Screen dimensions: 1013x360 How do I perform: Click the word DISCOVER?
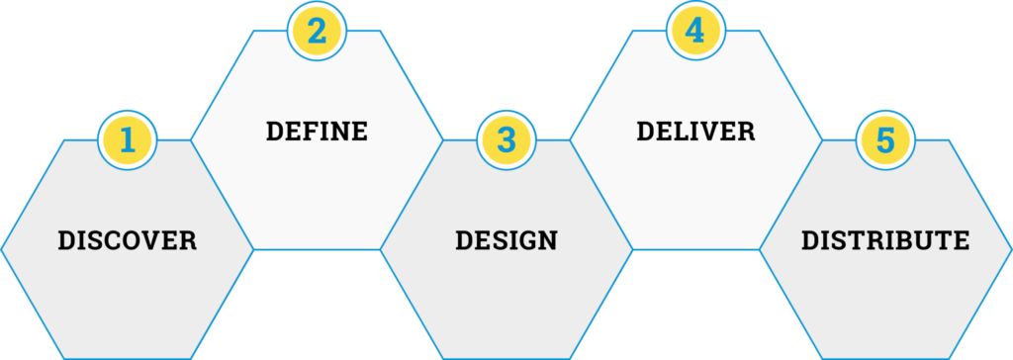click(x=128, y=240)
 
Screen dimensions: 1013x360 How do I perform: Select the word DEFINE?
click(x=317, y=132)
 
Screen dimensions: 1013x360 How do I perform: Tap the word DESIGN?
click(x=506, y=240)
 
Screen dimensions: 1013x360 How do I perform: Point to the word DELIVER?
click(x=695, y=132)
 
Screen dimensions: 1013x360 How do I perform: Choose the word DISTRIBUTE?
click(x=885, y=240)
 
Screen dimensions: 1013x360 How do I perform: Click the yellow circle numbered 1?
click(x=128, y=140)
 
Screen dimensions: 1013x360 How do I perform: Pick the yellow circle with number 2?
click(x=317, y=31)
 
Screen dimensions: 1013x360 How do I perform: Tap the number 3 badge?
click(x=506, y=140)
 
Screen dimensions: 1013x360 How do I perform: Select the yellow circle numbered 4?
click(x=695, y=31)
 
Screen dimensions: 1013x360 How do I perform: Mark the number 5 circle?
click(x=885, y=140)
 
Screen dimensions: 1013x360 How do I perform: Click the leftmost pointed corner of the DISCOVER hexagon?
click(x=1, y=249)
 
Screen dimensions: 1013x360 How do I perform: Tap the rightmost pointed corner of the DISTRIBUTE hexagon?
click(x=1012, y=249)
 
